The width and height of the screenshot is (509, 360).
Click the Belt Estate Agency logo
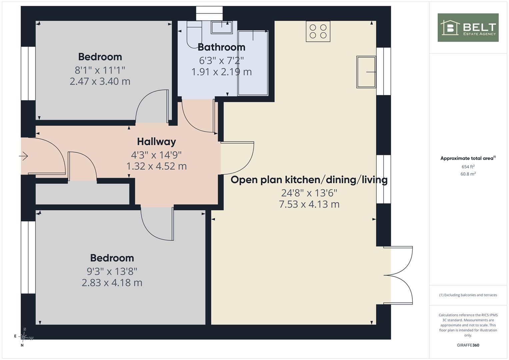[x=468, y=27]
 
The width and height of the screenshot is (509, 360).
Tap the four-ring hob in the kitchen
[x=318, y=31]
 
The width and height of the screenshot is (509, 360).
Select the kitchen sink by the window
[x=366, y=72]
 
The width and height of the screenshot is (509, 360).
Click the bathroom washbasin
[x=222, y=27]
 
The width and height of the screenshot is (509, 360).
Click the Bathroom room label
[x=222, y=47]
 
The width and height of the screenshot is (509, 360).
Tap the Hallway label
[x=156, y=142]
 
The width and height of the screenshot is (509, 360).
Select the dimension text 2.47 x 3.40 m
[x=100, y=81]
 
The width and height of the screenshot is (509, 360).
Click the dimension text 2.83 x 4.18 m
[x=112, y=283]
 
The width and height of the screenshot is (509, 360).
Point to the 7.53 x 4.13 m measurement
[x=309, y=204]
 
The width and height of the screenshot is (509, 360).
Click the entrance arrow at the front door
[x=23, y=156]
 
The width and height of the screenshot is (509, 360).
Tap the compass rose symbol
[x=23, y=337]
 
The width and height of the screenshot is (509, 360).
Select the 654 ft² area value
[x=468, y=167]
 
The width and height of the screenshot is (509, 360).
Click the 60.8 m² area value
[x=468, y=174]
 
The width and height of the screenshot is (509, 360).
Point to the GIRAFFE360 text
[x=468, y=345]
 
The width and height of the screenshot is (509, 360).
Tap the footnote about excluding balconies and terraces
[x=468, y=295]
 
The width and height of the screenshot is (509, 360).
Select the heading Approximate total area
[x=468, y=158]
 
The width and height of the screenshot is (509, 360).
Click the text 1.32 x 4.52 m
[x=156, y=166]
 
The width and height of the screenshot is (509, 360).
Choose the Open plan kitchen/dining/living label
[x=309, y=180]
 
